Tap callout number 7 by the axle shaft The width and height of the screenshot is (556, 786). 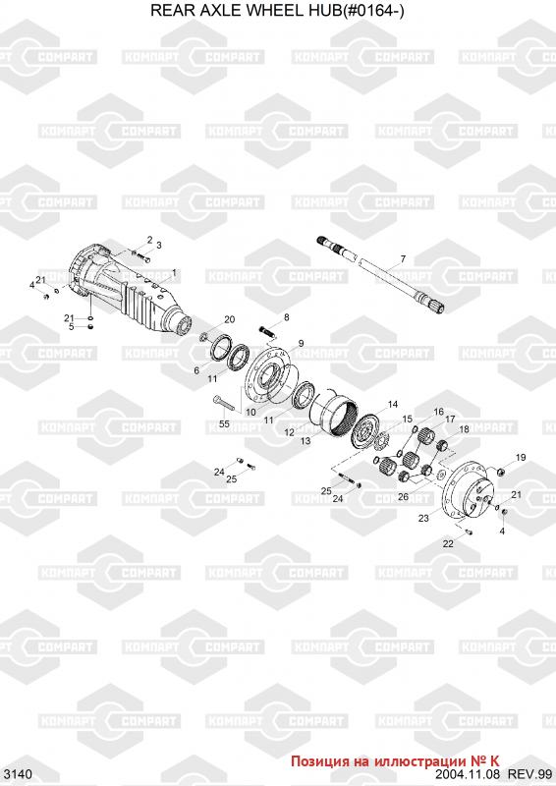click(403, 259)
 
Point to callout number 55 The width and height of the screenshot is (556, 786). click(224, 423)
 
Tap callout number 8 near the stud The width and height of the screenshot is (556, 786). click(286, 317)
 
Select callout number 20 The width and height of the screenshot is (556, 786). click(230, 319)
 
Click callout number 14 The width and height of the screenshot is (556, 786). click(393, 404)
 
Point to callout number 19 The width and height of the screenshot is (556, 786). click(521, 457)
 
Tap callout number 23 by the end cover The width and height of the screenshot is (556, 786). click(423, 519)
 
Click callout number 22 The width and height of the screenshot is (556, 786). click(448, 544)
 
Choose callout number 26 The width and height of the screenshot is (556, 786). click(403, 497)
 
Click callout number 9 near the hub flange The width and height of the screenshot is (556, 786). click(301, 343)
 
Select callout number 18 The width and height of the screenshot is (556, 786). click(465, 429)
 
